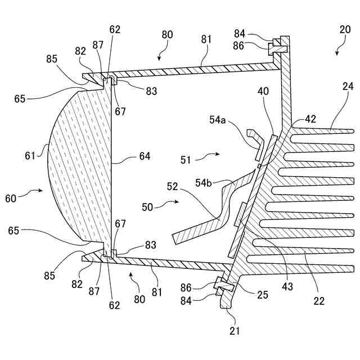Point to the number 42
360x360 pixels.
(x=310, y=119)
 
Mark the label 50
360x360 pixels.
(x=148, y=207)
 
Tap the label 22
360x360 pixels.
(x=319, y=301)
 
